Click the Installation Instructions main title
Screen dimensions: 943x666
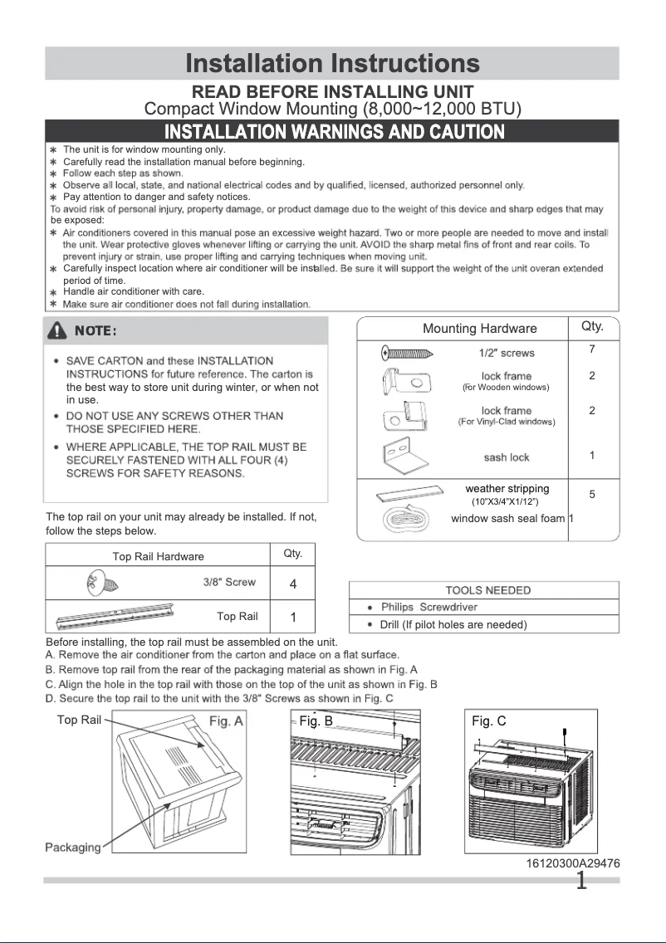point(332,64)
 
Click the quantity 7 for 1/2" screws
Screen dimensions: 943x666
point(592,349)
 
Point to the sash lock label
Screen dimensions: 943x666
point(506,457)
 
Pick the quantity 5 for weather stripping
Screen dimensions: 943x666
point(592,494)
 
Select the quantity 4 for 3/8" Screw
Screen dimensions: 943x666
point(293,584)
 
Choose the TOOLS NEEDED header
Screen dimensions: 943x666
point(487,590)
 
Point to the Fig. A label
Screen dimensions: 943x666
point(226,721)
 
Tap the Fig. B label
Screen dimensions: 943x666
point(316,721)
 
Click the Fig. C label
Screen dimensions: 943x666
point(488,721)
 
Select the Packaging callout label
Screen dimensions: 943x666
point(72,847)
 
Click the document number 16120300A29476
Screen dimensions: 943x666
point(572,863)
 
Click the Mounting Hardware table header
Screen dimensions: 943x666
point(480,329)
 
